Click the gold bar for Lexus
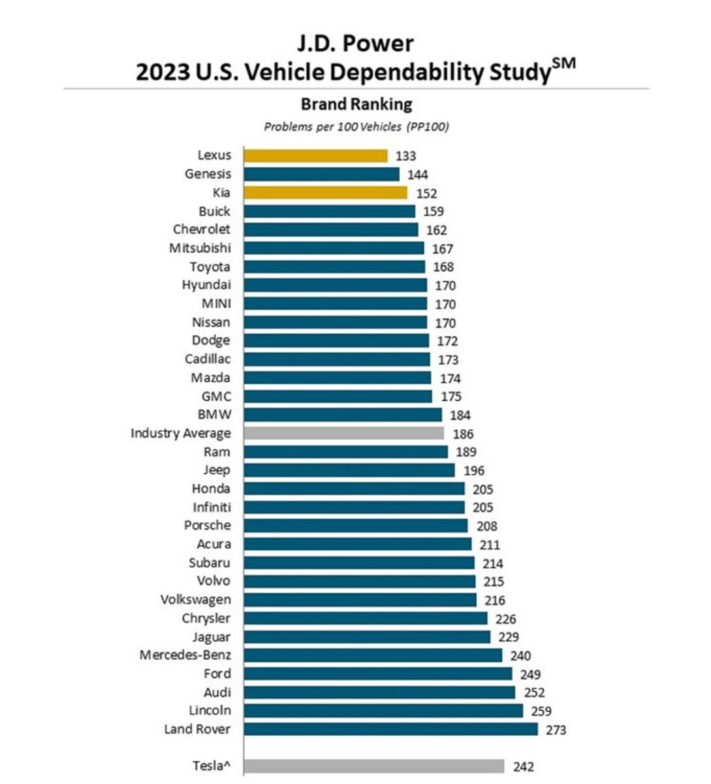pos(315,155)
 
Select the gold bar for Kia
pos(325,193)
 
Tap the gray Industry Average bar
pos(343,433)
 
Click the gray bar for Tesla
pos(373,766)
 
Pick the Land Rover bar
pos(390,729)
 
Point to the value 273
pos(556,730)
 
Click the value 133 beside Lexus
pos(405,156)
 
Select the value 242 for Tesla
pos(523,766)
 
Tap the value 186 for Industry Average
pos(463,434)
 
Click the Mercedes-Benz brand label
pos(185,655)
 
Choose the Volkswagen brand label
pos(195,600)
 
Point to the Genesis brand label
pos(208,174)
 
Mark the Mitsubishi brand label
pos(200,248)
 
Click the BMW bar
pos(343,415)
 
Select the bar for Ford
pos(378,674)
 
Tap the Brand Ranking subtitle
pos(356,105)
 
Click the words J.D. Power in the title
pos(356,43)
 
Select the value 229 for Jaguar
pos(508,637)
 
